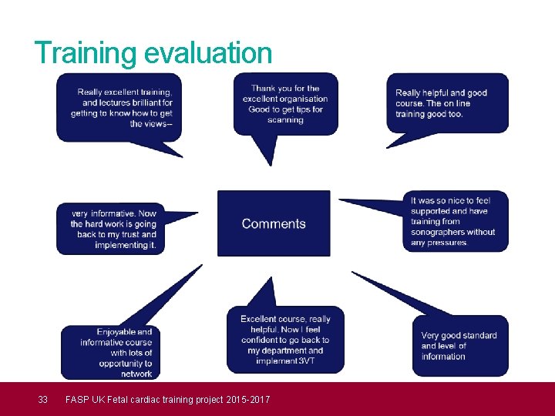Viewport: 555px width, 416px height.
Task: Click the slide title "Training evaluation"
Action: pos(153,53)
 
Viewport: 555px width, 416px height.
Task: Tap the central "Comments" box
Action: pos(274,223)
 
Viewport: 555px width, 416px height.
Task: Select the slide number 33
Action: pos(43,399)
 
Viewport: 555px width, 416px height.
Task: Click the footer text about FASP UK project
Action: pos(167,399)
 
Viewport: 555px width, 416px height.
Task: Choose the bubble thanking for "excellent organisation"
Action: pos(286,103)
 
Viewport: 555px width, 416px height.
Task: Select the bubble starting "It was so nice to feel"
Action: pos(455,221)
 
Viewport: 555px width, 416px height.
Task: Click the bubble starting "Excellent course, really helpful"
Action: pos(285,340)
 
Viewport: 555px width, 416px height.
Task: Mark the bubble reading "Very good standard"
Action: pos(459,346)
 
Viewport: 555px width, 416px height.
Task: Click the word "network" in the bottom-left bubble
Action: pos(136,374)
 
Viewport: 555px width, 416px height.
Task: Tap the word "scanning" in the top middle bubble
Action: pos(285,120)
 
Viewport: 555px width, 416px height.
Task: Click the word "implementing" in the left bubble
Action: pos(121,245)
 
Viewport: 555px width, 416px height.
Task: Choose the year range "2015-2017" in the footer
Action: pos(245,399)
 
